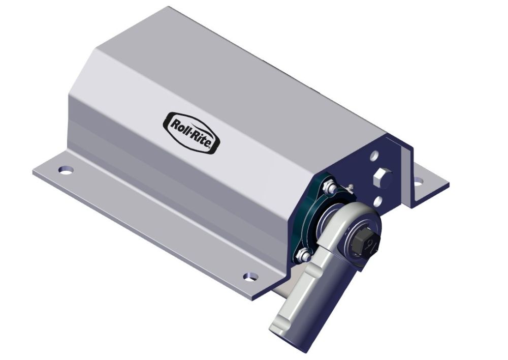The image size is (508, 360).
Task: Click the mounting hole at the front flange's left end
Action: tap(65, 169)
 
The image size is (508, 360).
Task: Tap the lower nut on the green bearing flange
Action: tap(303, 253)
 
